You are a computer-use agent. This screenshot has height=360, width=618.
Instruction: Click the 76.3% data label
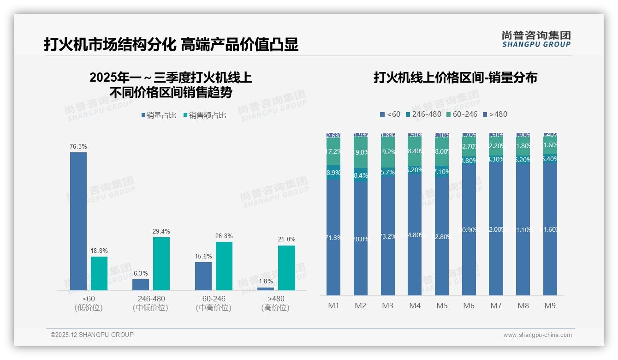(78, 146)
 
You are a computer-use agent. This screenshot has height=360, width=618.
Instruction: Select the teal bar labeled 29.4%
(161, 264)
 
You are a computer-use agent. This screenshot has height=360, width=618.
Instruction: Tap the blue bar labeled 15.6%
(203, 276)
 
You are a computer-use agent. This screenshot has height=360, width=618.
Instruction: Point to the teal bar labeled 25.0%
(286, 268)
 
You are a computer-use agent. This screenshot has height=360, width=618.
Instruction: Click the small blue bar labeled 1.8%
(266, 289)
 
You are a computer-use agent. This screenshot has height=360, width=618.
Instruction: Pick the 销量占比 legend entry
(158, 115)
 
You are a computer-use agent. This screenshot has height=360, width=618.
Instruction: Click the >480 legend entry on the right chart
(495, 114)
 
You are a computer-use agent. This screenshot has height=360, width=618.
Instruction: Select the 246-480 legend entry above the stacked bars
(423, 114)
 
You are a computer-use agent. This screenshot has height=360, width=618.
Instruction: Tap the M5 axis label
(442, 306)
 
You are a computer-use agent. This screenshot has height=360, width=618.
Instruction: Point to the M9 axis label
(550, 306)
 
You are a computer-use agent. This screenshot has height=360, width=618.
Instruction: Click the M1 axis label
(333, 306)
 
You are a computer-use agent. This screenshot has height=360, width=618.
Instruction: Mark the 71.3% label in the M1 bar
(333, 238)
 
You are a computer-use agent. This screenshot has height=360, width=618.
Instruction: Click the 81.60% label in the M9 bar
(550, 229)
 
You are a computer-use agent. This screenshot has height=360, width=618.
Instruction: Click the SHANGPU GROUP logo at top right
(536, 39)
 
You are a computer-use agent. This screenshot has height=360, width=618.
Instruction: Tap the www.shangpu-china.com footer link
(537, 335)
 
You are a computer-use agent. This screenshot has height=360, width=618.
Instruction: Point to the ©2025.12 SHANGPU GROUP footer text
(92, 335)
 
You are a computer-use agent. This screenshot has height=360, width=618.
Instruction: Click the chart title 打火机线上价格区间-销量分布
(455, 78)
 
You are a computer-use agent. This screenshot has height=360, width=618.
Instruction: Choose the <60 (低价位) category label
(88, 303)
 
